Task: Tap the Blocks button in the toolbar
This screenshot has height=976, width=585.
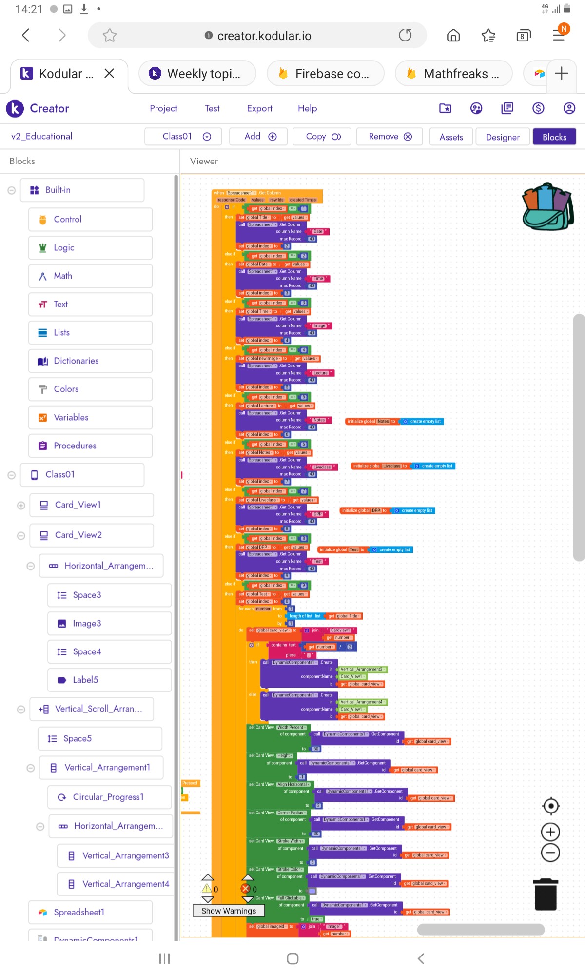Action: (x=554, y=137)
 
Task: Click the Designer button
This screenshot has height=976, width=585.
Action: (x=502, y=137)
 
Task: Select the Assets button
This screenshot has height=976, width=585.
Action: (x=451, y=137)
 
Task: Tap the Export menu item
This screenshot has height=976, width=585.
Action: (x=259, y=108)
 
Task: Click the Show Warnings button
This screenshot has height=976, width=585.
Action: (x=228, y=911)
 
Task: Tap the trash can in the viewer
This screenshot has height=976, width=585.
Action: (x=546, y=895)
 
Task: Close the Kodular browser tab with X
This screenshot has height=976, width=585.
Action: (x=109, y=73)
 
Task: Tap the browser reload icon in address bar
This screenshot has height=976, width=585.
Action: (x=405, y=35)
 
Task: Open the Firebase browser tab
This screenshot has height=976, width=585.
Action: (x=325, y=74)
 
